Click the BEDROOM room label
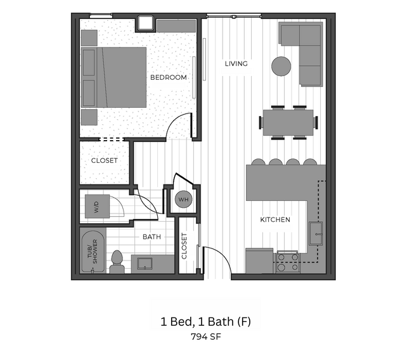(169, 77)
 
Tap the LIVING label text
(236, 63)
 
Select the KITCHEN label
(275, 220)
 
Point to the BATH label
(151, 237)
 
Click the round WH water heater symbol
(183, 200)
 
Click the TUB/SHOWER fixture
(93, 252)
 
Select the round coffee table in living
(281, 66)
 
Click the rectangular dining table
(289, 122)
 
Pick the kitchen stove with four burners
(286, 263)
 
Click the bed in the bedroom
(120, 77)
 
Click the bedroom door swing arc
(179, 125)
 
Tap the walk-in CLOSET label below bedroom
(104, 161)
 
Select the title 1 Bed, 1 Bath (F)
(205, 321)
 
